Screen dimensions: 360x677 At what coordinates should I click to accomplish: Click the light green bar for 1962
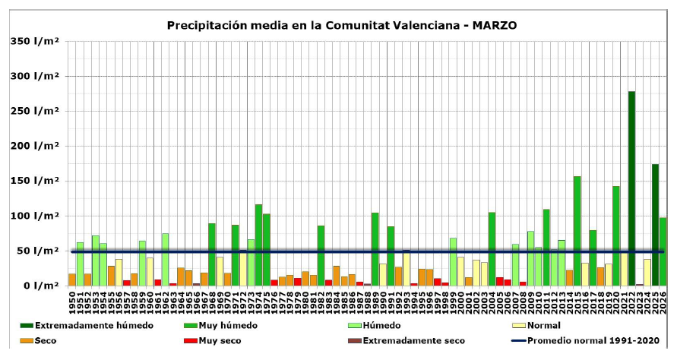[x=165, y=259]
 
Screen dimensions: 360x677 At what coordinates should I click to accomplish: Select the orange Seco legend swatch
[x=27, y=341]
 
